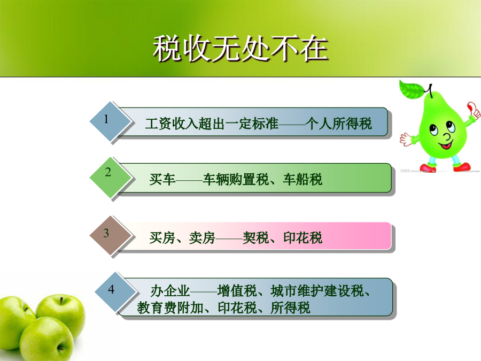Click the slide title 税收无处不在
point(241,48)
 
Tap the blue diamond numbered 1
point(111,121)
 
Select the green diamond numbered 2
point(111,178)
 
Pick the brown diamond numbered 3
point(111,235)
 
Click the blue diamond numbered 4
point(115,292)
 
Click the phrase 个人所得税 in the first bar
point(339,124)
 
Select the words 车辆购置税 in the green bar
point(236,180)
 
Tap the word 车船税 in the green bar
point(302,180)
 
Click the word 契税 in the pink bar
point(256,238)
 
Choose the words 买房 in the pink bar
point(162,238)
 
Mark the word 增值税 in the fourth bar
point(237,291)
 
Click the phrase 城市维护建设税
point(317,291)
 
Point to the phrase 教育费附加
point(170,308)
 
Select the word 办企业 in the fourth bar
point(170,291)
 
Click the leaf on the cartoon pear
point(412,89)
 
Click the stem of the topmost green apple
point(61,300)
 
